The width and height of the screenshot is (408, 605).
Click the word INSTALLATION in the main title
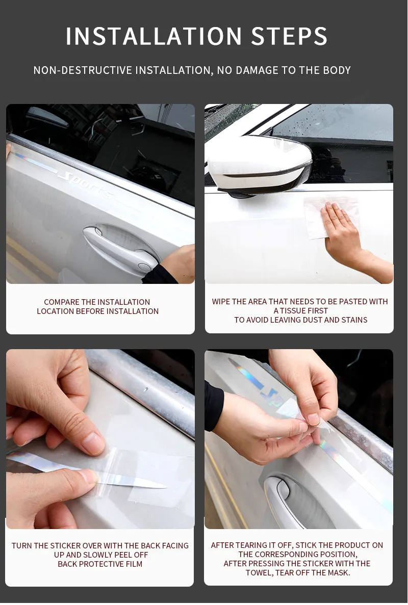(x=154, y=36)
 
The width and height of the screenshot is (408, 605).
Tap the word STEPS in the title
(x=289, y=36)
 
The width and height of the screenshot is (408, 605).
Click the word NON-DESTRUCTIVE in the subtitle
(x=83, y=70)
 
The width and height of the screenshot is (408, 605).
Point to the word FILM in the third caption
(x=133, y=564)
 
